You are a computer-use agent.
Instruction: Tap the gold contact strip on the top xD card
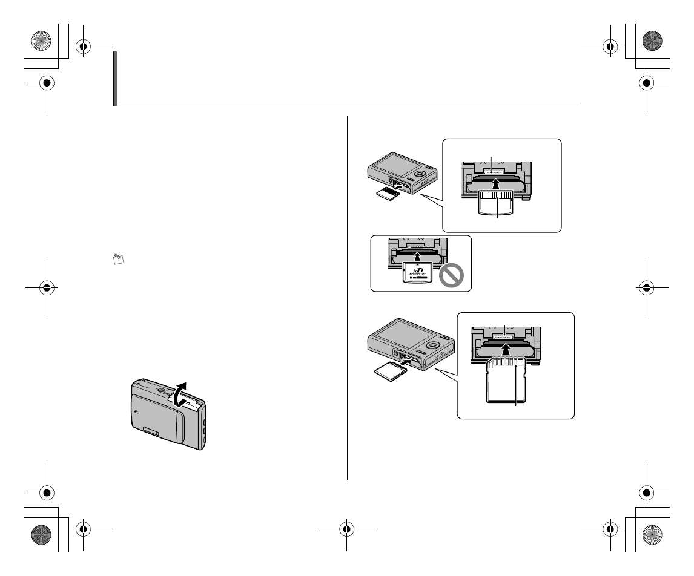[x=496, y=198]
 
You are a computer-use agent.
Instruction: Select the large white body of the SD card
[x=501, y=387]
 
